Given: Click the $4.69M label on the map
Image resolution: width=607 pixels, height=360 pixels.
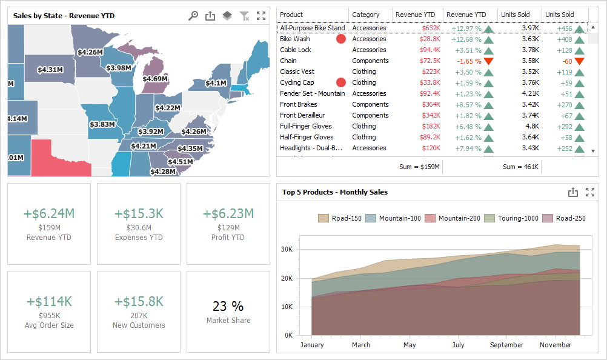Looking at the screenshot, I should pos(155,79).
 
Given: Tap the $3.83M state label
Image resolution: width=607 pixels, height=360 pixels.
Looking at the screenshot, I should pos(102,125).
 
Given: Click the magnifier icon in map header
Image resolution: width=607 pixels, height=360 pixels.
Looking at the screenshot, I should pos(193,16).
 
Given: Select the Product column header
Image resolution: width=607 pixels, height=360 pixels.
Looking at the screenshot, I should pos(291,15).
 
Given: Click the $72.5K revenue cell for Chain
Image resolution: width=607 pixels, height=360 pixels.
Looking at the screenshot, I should pos(429,61).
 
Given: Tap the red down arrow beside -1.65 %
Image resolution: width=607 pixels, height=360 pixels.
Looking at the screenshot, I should pos(488,61).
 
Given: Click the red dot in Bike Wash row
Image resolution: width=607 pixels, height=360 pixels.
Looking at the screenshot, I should pos(341,39).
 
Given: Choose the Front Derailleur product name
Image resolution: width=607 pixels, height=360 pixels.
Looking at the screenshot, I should pos(302,115).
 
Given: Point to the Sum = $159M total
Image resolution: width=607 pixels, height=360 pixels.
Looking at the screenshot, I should pos(420,167).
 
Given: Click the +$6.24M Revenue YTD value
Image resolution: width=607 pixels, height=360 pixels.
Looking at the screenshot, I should pos(49,213).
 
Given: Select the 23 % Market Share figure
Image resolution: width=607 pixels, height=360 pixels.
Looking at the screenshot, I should pos(228,306).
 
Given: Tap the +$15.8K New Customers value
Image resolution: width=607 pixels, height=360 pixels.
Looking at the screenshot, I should pos(139,301).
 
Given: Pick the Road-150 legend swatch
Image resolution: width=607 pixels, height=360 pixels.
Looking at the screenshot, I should pos(323,218).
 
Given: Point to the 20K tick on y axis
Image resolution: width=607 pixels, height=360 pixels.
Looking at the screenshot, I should pos(287,278).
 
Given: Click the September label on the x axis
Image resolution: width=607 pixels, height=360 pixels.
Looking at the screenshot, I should pos(506,345).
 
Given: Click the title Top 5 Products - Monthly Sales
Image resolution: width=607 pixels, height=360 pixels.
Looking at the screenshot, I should pos(334,192).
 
